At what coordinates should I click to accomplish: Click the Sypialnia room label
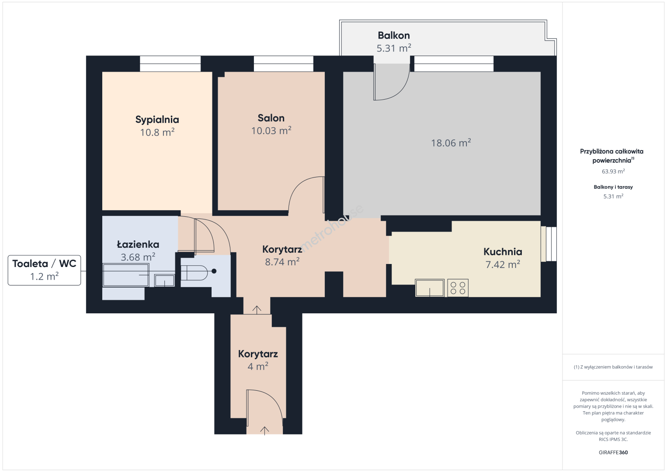(x=157, y=119)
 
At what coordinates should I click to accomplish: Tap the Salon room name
(x=271, y=118)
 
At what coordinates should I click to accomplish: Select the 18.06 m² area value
(x=451, y=143)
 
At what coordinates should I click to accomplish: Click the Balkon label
(x=394, y=35)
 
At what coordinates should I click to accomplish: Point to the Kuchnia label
(x=503, y=252)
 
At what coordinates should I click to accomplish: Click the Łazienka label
(x=138, y=244)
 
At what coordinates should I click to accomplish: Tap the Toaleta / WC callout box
(x=45, y=270)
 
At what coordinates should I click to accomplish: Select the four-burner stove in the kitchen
(x=458, y=288)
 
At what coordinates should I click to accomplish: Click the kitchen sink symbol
(x=430, y=288)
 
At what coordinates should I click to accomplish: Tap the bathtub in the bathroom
(x=125, y=275)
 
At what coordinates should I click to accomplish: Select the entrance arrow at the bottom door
(x=264, y=430)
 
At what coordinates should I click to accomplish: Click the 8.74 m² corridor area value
(x=282, y=262)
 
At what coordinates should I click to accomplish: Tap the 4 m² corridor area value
(x=258, y=366)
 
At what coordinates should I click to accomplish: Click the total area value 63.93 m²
(x=613, y=171)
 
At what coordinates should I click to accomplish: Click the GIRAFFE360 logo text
(x=613, y=452)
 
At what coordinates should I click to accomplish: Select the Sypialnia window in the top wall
(x=170, y=64)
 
